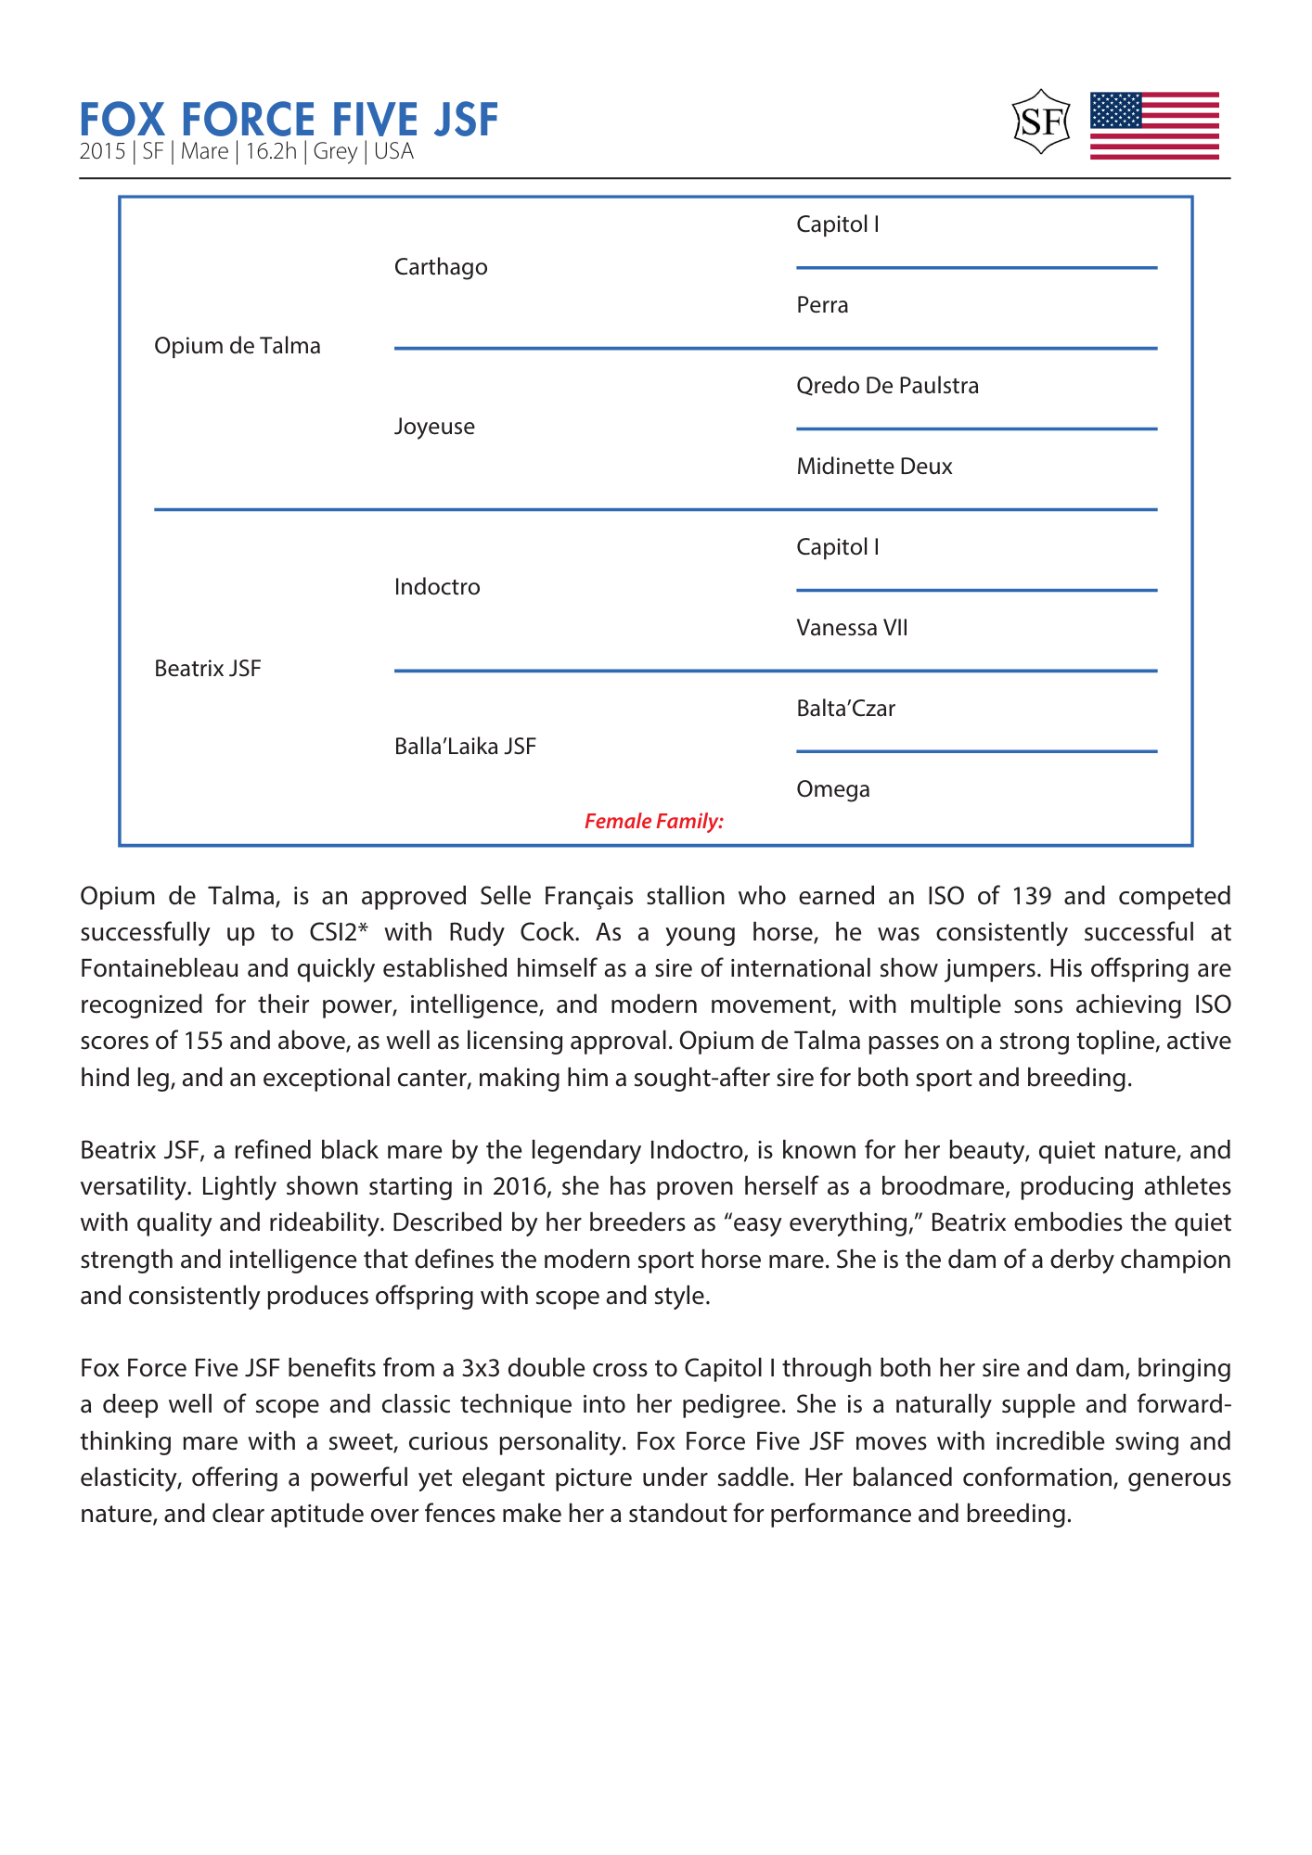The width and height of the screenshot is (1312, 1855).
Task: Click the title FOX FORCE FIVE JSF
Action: (x=289, y=120)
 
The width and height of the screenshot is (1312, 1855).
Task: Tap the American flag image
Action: (x=1153, y=125)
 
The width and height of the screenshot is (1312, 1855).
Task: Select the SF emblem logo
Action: (x=1041, y=122)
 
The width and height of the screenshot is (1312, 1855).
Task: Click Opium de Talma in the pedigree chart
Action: (x=237, y=346)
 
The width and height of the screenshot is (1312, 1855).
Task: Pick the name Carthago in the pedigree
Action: (x=441, y=267)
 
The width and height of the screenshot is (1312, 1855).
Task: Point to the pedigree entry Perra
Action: (x=822, y=305)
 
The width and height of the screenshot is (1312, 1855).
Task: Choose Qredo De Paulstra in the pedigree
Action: (x=887, y=386)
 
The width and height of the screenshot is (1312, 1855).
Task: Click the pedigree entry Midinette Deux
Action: (x=874, y=467)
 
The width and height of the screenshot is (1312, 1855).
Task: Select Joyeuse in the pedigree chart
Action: (x=434, y=427)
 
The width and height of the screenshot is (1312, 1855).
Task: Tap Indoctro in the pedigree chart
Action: (x=437, y=587)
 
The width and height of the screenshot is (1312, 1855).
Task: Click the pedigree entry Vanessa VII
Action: (x=852, y=628)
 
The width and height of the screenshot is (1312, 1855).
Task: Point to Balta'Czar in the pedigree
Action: (x=845, y=709)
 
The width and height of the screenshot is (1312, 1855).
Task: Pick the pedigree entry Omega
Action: (x=833, y=789)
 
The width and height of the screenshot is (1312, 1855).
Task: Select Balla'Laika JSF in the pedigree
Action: (x=465, y=747)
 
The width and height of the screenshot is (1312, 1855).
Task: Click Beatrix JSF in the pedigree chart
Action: (x=208, y=669)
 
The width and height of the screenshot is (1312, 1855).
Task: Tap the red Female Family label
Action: (x=653, y=821)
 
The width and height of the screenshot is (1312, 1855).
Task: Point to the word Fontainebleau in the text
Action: (x=161, y=968)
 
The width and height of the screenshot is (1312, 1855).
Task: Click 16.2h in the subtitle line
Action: (x=271, y=152)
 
